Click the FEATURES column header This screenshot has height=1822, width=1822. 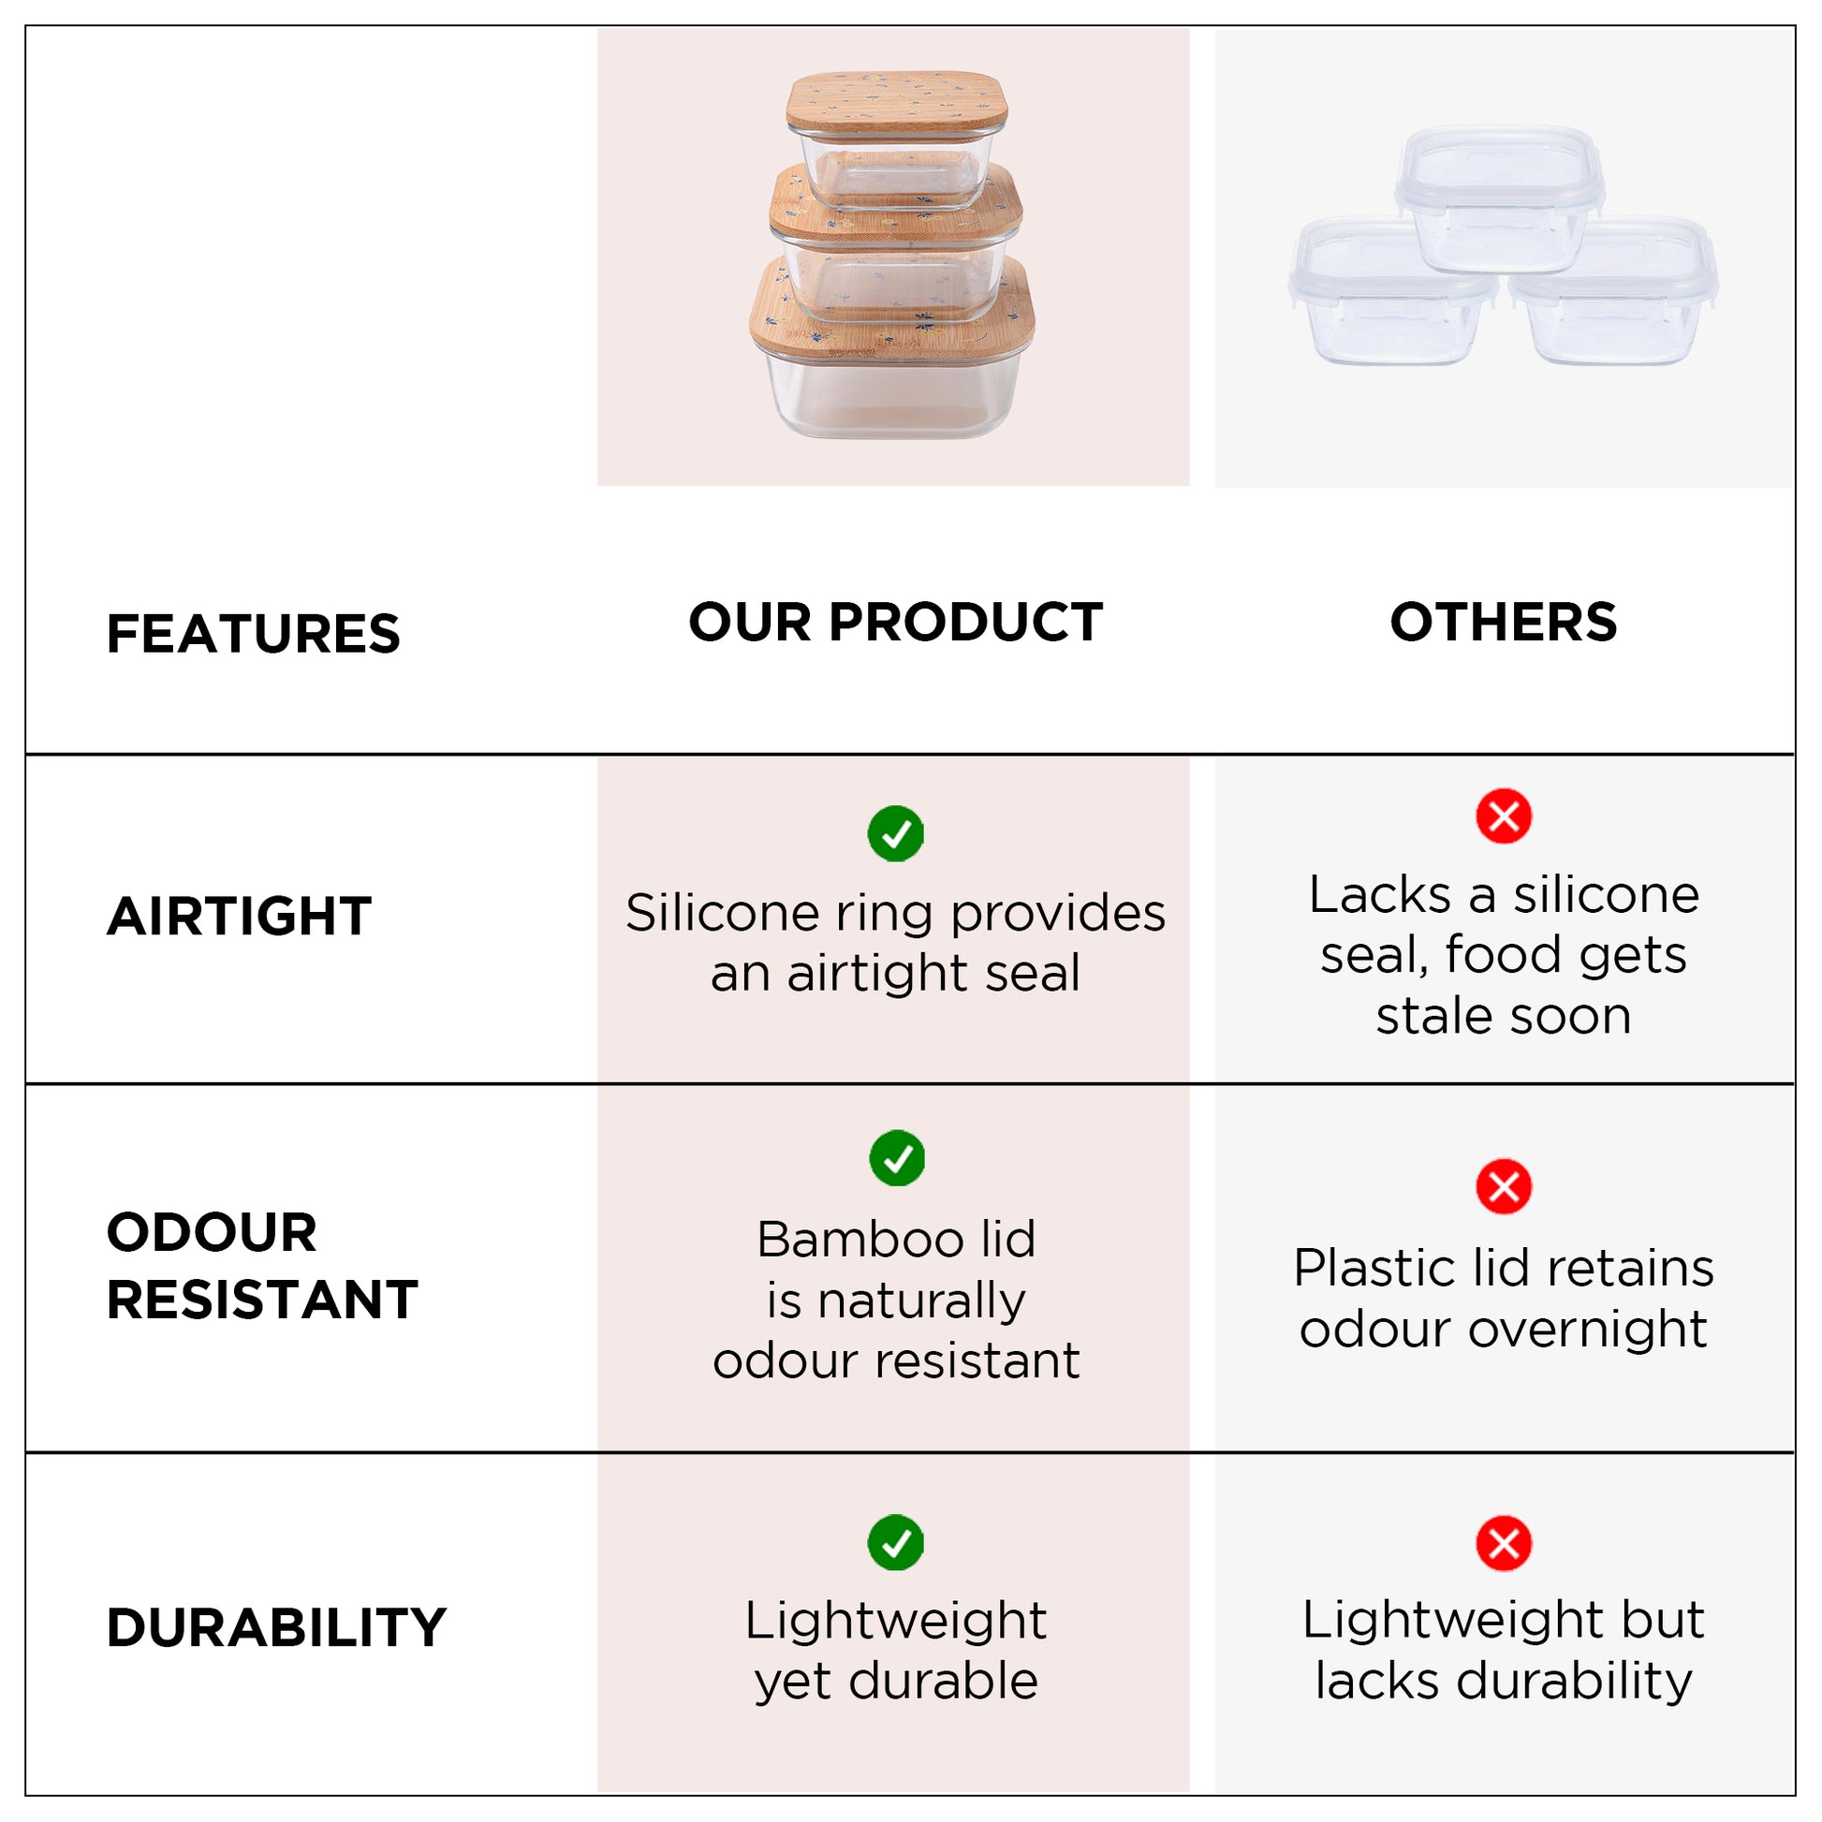click(x=253, y=634)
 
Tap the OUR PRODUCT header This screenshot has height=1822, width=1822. click(x=896, y=623)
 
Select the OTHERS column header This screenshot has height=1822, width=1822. click(x=1504, y=623)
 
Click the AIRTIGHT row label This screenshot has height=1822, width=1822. click(x=240, y=917)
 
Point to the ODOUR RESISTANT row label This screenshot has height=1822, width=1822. click(x=262, y=1266)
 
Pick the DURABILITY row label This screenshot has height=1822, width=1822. click(x=276, y=1629)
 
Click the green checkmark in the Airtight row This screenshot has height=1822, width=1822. click(x=896, y=833)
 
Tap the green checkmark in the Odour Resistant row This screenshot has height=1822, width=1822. click(x=897, y=1158)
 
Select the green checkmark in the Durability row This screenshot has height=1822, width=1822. click(x=896, y=1543)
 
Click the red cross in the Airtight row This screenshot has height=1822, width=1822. click(x=1505, y=815)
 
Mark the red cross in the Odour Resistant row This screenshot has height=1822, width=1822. click(x=1505, y=1186)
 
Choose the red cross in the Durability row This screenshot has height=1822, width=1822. click(x=1505, y=1543)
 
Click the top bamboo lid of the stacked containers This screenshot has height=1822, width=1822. click(x=897, y=103)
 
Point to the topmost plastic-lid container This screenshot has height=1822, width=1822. click(x=1500, y=198)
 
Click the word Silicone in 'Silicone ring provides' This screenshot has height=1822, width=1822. click(x=722, y=913)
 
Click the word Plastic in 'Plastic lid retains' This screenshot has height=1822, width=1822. click(x=1378, y=1268)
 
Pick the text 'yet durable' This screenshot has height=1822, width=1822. click(x=896, y=1682)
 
